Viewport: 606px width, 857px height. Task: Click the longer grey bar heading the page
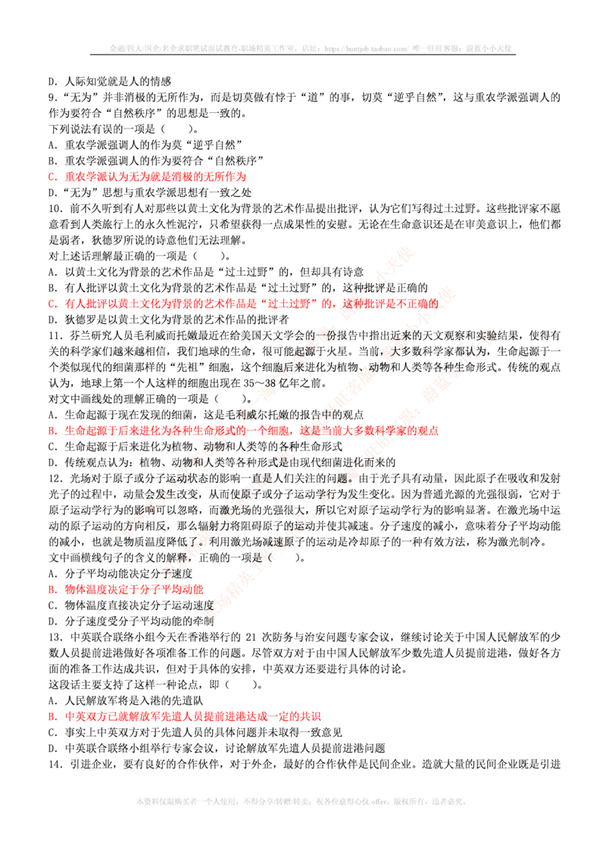312,48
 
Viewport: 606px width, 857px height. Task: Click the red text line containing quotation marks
242,304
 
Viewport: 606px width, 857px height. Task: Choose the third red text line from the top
242,430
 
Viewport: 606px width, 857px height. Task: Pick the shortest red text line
125,588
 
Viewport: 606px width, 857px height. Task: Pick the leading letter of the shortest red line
50,588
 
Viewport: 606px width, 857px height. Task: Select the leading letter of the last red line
50,715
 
